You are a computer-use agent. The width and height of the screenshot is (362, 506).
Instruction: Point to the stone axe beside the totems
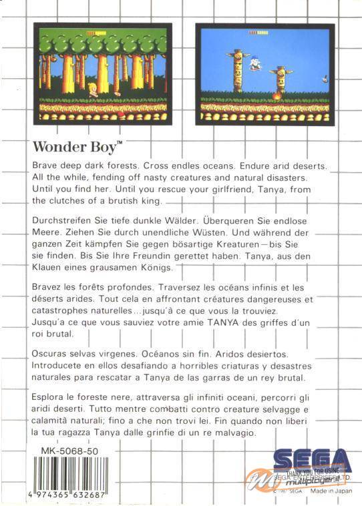[324, 78]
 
